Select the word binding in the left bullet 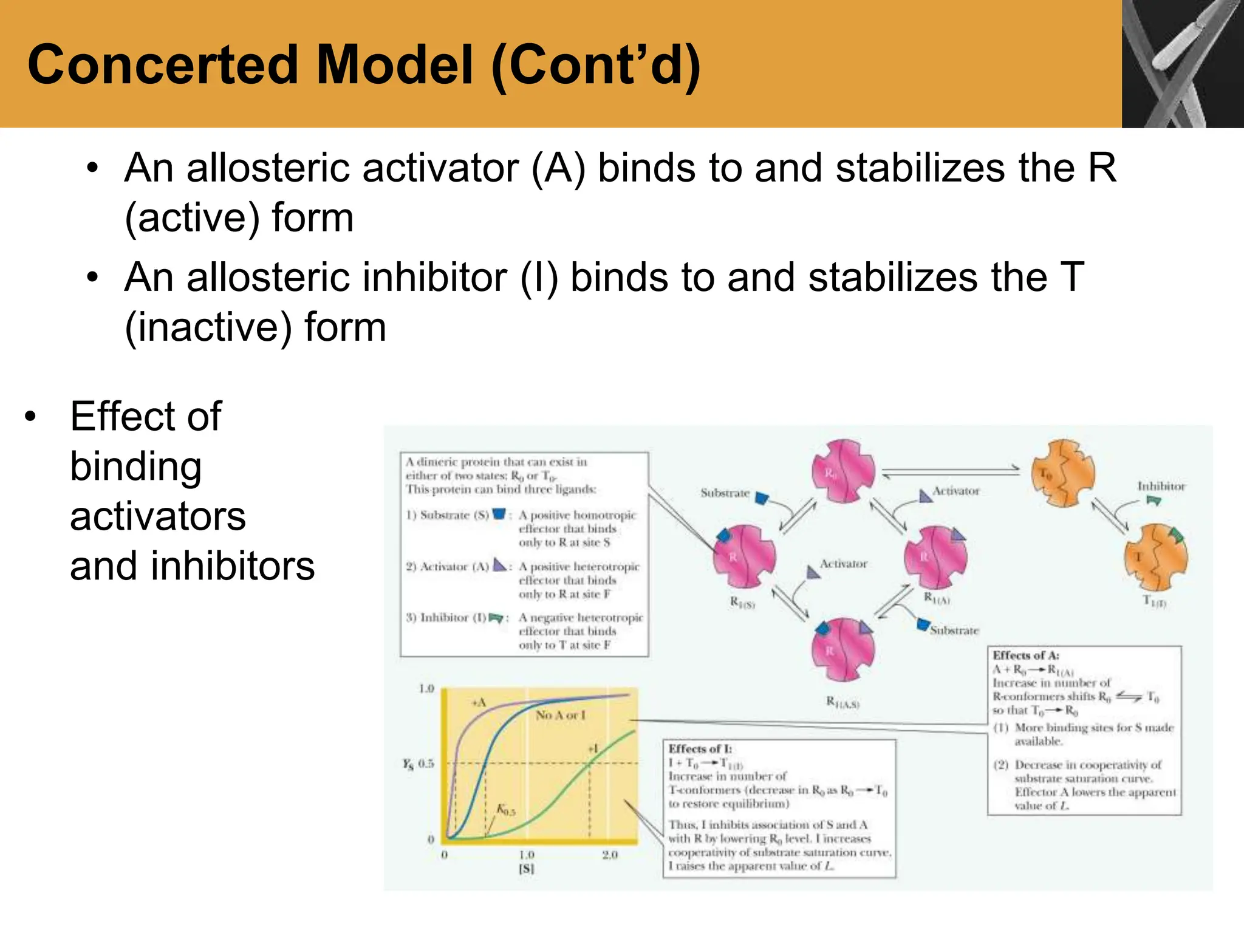pyautogui.click(x=136, y=466)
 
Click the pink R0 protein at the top pyautogui.click(x=843, y=471)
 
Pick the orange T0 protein pyautogui.click(x=1062, y=473)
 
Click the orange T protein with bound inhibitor pyautogui.click(x=1155, y=557)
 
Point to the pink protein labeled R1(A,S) pyautogui.click(x=843, y=649)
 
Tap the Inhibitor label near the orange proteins pyautogui.click(x=1161, y=486)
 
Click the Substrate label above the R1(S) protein pyautogui.click(x=725, y=493)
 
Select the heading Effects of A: pyautogui.click(x=1025, y=655)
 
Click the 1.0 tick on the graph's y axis pyautogui.click(x=426, y=689)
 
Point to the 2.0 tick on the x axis pyautogui.click(x=610, y=855)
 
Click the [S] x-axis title pyautogui.click(x=526, y=869)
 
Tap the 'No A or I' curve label pyautogui.click(x=560, y=716)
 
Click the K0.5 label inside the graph pyautogui.click(x=505, y=810)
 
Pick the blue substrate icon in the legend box pyautogui.click(x=499, y=514)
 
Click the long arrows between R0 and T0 pyautogui.click(x=951, y=471)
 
